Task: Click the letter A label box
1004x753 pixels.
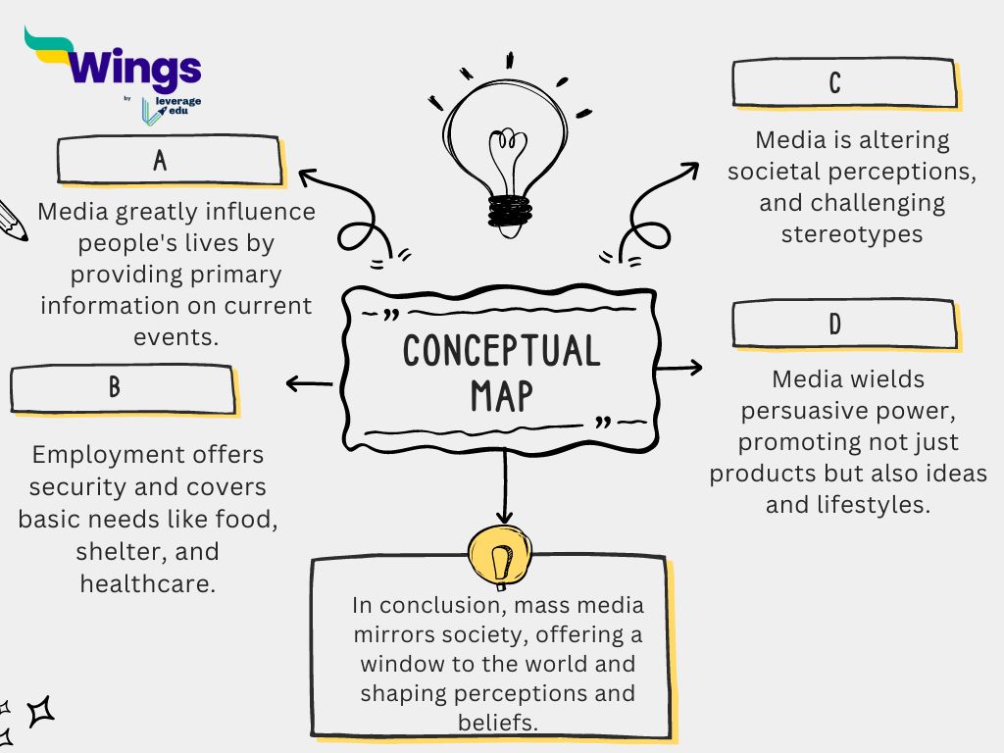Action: tap(170, 161)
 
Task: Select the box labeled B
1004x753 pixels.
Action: tap(122, 388)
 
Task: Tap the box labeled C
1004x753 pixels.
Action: tap(843, 82)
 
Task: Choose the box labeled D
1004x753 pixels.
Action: tap(843, 324)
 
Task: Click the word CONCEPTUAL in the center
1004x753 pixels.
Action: tap(501, 350)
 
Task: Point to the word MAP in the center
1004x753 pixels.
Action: tap(501, 395)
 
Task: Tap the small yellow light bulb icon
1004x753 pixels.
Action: tap(501, 557)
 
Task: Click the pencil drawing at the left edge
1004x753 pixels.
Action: tap(12, 220)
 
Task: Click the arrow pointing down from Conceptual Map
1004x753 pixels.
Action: tap(504, 490)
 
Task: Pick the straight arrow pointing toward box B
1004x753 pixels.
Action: tap(309, 384)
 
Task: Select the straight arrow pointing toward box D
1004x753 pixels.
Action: tap(680, 368)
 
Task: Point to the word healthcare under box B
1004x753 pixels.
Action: tap(147, 583)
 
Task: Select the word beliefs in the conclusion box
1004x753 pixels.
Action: tap(499, 724)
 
